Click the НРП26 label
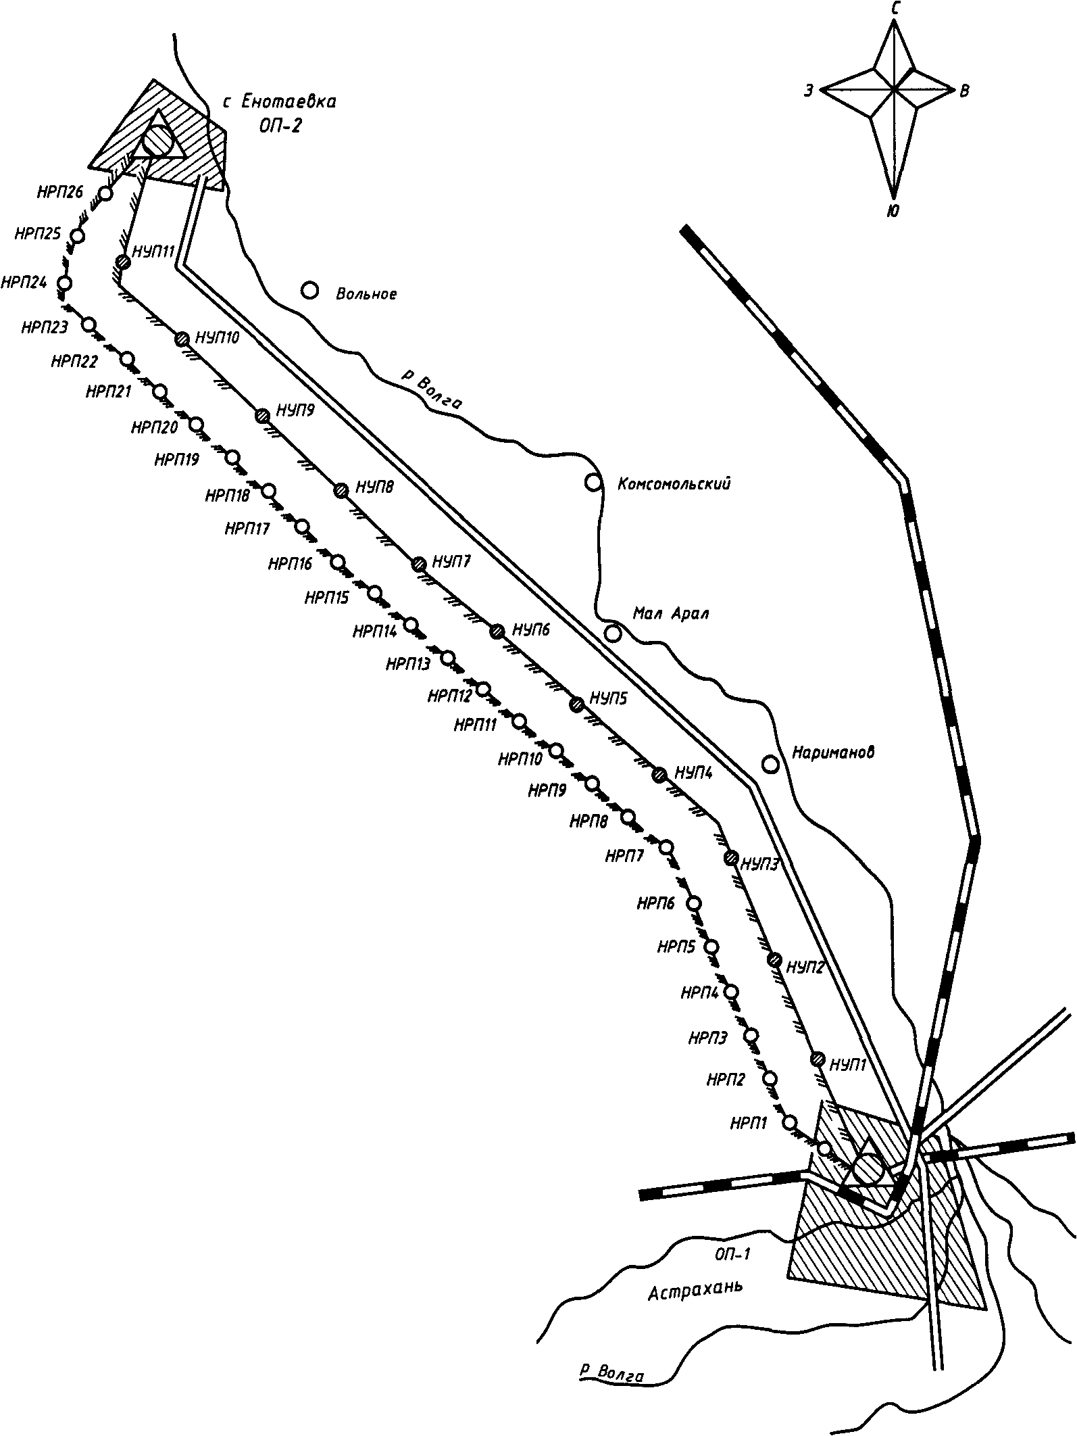[x=60, y=192]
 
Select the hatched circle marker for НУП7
[x=419, y=563]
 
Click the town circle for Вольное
[x=309, y=291]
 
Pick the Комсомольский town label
[x=674, y=484]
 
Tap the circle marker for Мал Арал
[x=613, y=633]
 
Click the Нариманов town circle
[x=770, y=764]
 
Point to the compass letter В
[x=964, y=91]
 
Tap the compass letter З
[x=809, y=91]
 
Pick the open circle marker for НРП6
[x=694, y=903]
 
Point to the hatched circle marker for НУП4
[x=660, y=775]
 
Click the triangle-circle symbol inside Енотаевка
[x=159, y=141]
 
